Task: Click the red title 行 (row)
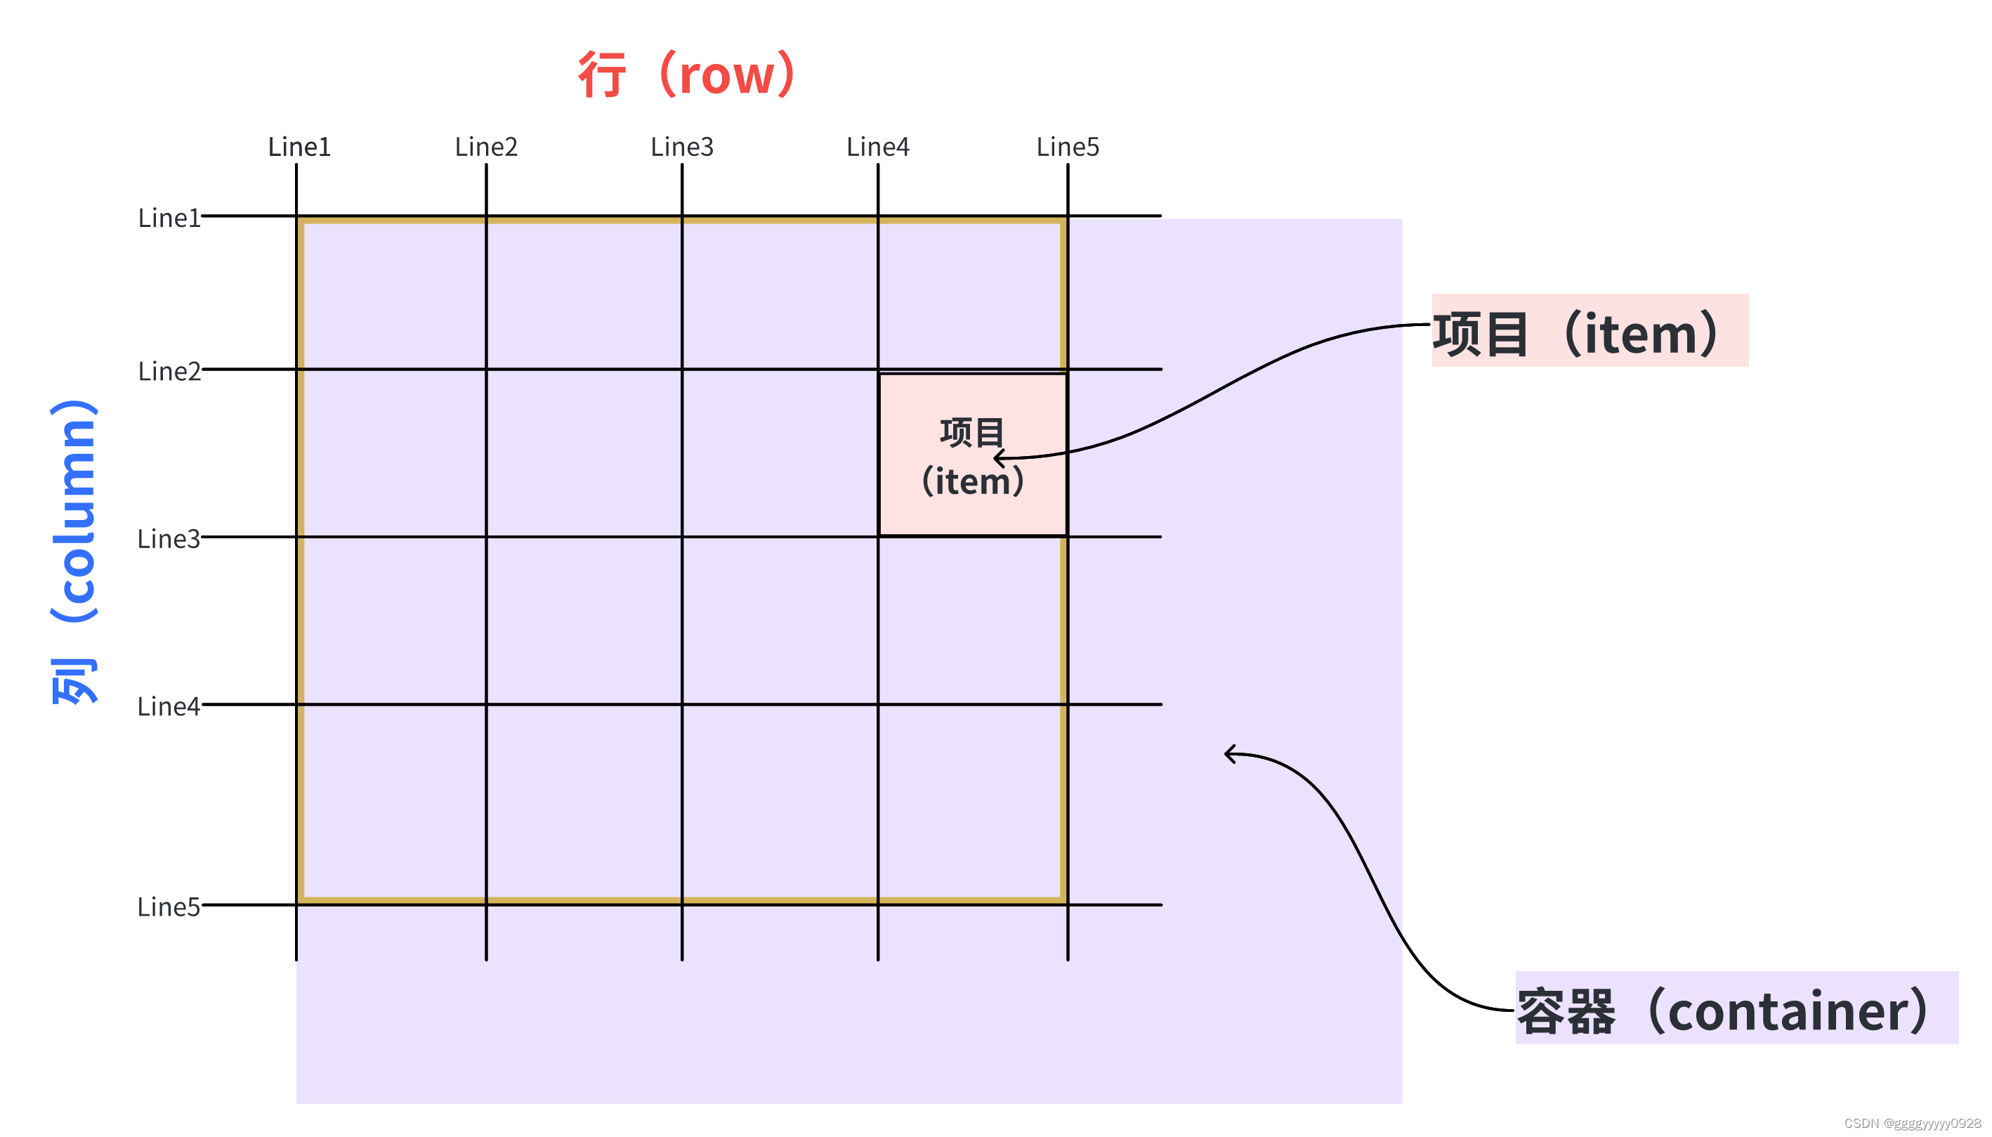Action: tap(686, 75)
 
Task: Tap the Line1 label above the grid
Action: tap(299, 147)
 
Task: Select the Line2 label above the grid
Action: tap(485, 147)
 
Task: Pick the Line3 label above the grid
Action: tap(681, 147)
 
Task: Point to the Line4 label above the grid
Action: tap(877, 147)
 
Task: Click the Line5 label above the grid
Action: tap(1067, 147)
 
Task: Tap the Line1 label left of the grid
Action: tap(169, 218)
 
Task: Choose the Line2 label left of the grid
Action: tap(169, 371)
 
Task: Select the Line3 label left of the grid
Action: tap(169, 539)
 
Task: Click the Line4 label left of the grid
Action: tap(169, 706)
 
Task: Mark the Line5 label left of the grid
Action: tap(169, 907)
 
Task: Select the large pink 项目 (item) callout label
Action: tap(1588, 331)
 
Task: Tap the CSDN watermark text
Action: tap(1912, 1123)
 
